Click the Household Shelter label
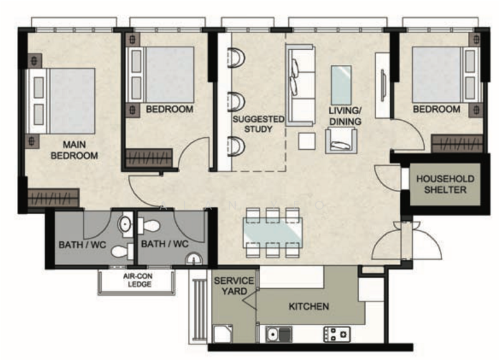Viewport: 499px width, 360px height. coord(445,184)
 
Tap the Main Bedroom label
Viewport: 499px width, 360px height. coord(74,150)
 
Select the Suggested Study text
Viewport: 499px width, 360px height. coord(258,124)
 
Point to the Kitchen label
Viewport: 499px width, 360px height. coord(309,306)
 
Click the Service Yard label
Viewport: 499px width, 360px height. coord(234,286)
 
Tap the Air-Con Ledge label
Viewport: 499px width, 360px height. coord(138,280)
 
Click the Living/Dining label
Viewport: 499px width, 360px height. coord(345,116)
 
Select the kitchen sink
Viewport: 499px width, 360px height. coord(278,334)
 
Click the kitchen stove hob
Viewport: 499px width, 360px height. coord(337,334)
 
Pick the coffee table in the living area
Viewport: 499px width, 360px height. coord(341,85)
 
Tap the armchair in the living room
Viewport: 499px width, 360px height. coord(341,140)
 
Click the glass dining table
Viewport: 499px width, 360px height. coord(273,233)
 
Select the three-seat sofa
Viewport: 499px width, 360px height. coord(300,85)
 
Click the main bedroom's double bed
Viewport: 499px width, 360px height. coord(61,101)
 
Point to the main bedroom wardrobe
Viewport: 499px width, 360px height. coord(53,198)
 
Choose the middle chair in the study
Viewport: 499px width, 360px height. coord(236,102)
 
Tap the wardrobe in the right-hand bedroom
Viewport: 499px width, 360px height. coord(457,144)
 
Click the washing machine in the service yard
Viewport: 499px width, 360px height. coord(223,334)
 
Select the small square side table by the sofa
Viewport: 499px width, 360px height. coord(307,141)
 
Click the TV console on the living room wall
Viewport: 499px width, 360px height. coord(382,85)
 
